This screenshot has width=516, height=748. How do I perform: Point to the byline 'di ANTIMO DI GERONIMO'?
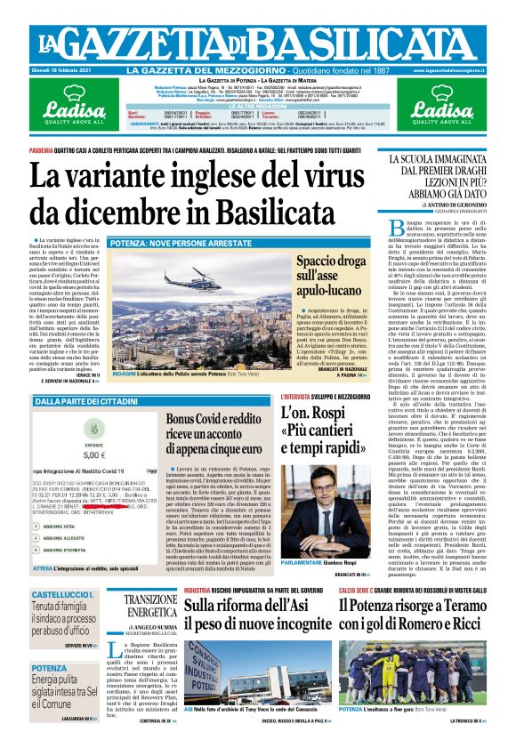click(443, 205)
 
